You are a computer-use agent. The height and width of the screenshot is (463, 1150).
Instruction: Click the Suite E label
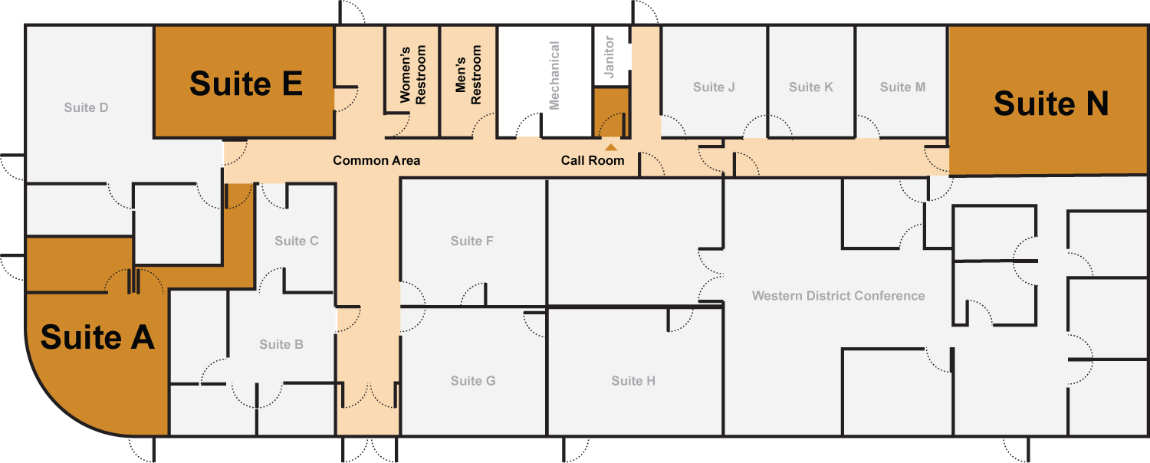point(245,84)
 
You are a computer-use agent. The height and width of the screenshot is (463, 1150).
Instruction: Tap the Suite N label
point(1050,103)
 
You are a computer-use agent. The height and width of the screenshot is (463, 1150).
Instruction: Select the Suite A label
point(97,337)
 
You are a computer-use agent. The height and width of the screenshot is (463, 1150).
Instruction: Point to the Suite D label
point(86,107)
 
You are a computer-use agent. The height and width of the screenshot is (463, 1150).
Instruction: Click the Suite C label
point(297,241)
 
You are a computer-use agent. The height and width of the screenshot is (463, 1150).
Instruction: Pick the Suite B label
point(281,344)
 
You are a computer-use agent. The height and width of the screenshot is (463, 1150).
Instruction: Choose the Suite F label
point(472,241)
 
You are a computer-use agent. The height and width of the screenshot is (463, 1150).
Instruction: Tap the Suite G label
point(472,381)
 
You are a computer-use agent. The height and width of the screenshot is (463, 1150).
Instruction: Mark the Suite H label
point(633,381)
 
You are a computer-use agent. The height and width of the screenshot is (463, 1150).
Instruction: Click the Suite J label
point(714,87)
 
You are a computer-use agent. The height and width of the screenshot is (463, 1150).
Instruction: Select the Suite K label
point(810,87)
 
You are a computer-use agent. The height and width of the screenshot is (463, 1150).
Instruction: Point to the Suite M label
point(902,87)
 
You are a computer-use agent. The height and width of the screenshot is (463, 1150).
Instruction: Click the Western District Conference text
point(838,296)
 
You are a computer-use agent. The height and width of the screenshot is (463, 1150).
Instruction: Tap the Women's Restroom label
point(412,75)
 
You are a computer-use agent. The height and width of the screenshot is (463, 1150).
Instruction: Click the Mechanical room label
point(554,75)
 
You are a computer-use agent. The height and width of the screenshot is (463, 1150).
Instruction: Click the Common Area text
point(376,161)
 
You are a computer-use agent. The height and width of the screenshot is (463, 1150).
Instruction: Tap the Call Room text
point(592,161)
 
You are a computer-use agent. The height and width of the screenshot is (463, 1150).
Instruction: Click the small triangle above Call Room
point(611,147)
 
